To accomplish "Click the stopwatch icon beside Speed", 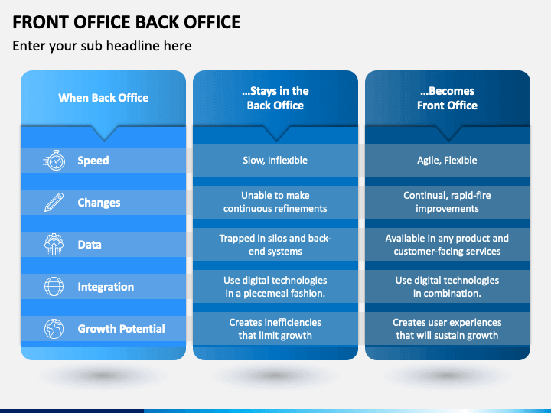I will (x=54, y=161).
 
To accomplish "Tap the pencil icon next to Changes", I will (x=54, y=203).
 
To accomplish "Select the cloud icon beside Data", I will (x=54, y=245).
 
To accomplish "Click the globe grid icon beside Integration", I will (x=54, y=287).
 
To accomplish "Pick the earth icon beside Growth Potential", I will (x=54, y=329).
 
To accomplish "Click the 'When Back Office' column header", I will (x=103, y=98).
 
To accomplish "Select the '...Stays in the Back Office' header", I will (x=275, y=98).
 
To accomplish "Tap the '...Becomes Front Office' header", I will (x=447, y=98).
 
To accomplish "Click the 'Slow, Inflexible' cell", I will (x=275, y=161).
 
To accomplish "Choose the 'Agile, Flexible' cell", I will (x=447, y=161).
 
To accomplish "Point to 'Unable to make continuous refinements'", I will (x=275, y=202).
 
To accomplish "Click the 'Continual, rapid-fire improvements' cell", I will (x=447, y=202).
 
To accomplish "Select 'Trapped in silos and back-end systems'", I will (x=275, y=245).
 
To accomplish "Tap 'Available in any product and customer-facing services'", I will (x=447, y=245).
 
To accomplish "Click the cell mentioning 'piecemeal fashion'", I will (x=275, y=287).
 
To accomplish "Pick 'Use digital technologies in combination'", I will (x=447, y=287).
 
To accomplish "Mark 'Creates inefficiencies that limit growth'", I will (x=275, y=329).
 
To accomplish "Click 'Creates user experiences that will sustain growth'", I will (x=447, y=329).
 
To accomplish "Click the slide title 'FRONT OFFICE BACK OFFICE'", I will (x=126, y=21).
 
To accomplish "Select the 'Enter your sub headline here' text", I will (x=102, y=46).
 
